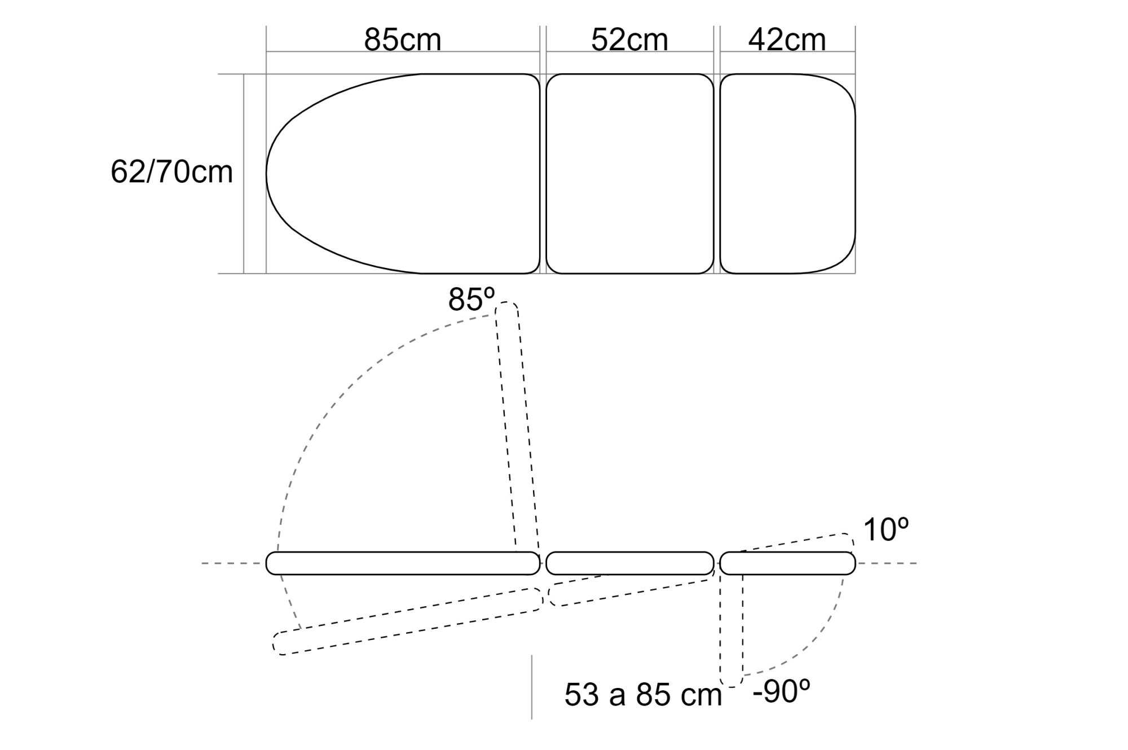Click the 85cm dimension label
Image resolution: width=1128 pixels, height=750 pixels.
tap(402, 40)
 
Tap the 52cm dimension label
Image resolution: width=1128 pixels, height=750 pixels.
tap(629, 40)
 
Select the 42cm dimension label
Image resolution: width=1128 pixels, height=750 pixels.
tap(787, 40)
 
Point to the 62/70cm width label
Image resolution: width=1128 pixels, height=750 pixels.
tap(171, 172)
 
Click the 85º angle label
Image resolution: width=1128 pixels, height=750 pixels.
tap(472, 299)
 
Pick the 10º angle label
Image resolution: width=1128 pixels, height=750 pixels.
tap(885, 530)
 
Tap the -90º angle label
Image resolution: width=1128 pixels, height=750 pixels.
tap(782, 691)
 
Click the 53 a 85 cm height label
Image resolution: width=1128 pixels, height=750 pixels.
tap(643, 695)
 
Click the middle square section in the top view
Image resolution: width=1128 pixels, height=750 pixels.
tap(629, 174)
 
